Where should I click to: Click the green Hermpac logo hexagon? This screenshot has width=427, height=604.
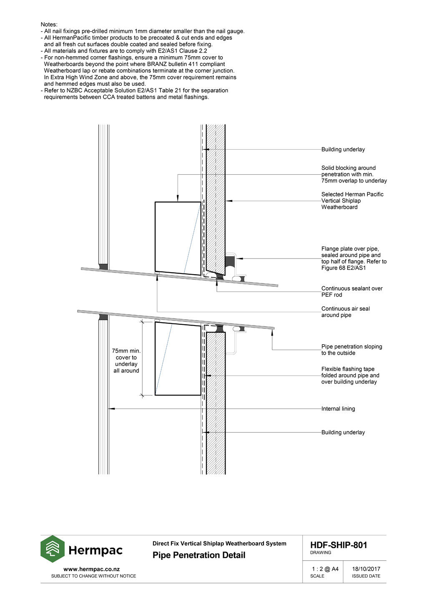click(53, 549)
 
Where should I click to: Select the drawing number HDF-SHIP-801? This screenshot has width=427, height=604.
click(338, 545)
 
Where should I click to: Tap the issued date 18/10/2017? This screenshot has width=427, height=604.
click(366, 569)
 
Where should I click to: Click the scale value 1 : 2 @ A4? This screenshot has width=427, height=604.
click(325, 569)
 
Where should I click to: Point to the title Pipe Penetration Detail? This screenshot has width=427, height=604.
click(199, 555)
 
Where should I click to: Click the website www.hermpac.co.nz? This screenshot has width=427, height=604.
click(91, 569)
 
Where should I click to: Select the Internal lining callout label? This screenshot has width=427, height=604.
click(338, 409)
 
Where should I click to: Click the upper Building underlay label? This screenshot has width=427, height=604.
click(343, 150)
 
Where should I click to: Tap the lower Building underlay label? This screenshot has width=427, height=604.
click(343, 433)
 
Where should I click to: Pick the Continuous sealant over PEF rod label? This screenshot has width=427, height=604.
click(352, 291)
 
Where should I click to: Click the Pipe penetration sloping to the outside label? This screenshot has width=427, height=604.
click(351, 350)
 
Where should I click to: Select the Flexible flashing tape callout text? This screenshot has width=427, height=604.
click(350, 376)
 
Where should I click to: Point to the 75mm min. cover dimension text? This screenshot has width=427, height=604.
click(126, 361)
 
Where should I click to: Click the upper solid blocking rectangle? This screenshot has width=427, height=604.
click(178, 238)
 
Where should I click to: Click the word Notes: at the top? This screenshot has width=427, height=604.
click(49, 25)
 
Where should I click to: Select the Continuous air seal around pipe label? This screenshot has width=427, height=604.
click(345, 312)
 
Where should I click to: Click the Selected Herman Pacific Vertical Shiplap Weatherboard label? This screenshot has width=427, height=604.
click(352, 200)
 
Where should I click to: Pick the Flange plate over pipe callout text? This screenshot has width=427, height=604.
click(354, 258)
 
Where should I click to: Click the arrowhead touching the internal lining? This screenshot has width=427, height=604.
click(111, 409)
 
